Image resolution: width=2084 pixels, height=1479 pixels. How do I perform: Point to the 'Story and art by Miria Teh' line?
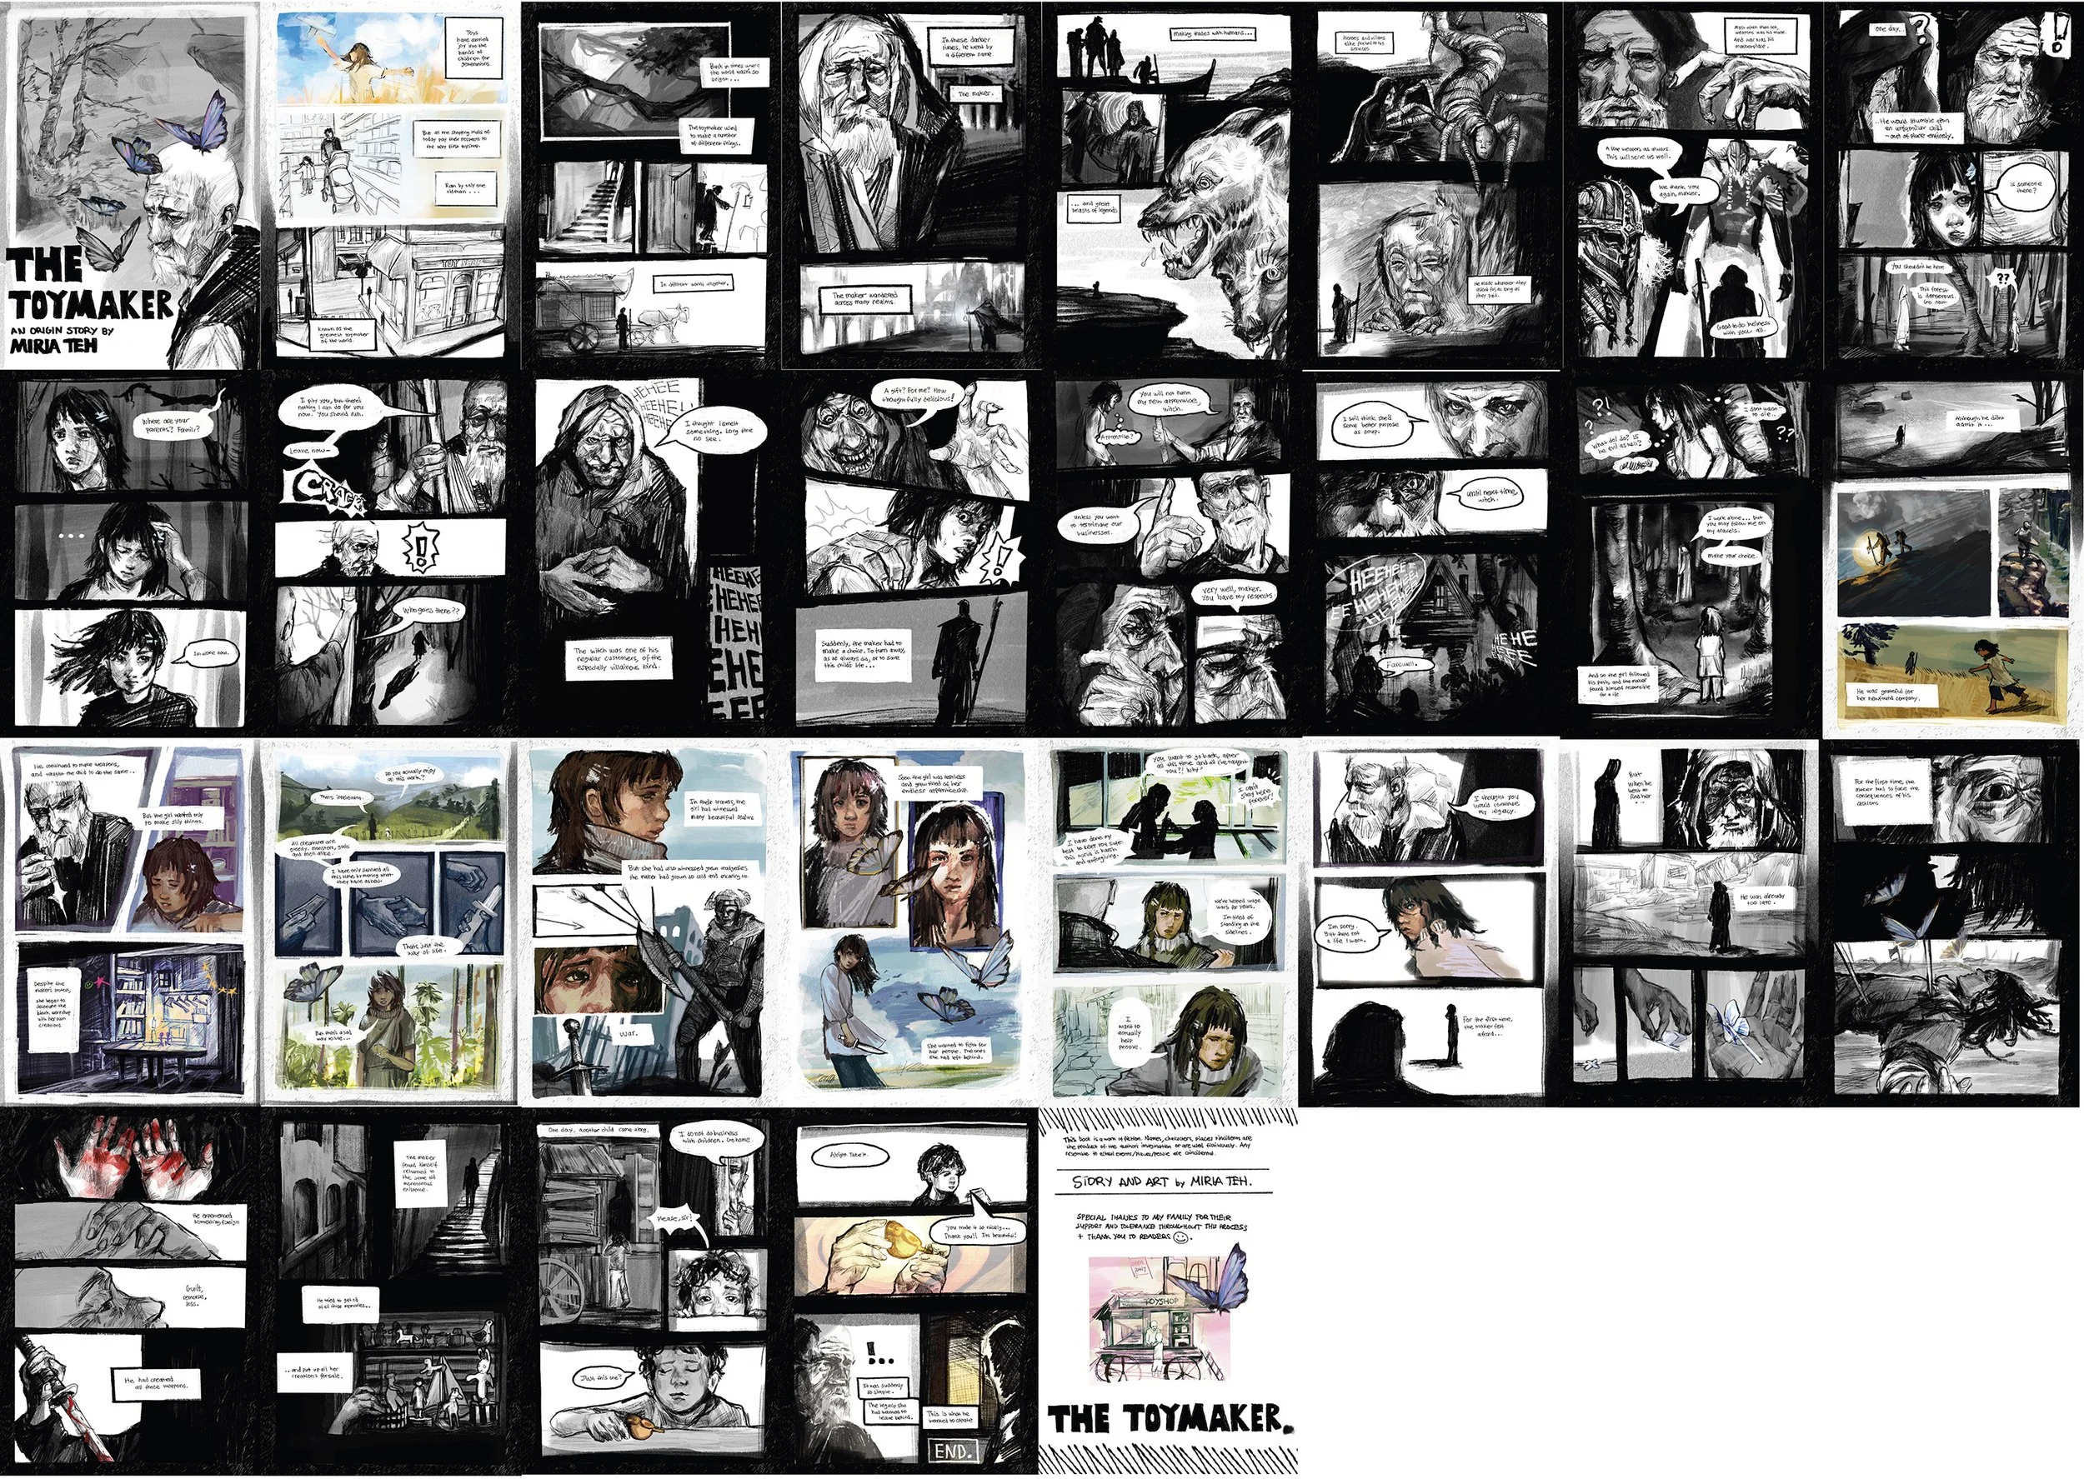(1161, 1182)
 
